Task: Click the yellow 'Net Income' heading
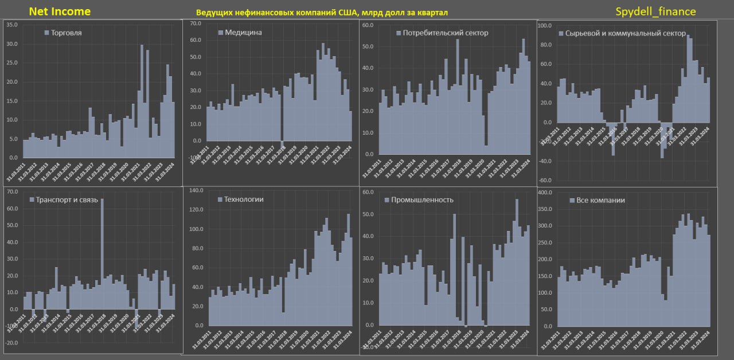click(59, 11)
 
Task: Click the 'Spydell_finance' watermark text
click(655, 11)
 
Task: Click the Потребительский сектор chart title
click(442, 33)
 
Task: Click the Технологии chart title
click(240, 199)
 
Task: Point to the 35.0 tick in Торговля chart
click(11, 25)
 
